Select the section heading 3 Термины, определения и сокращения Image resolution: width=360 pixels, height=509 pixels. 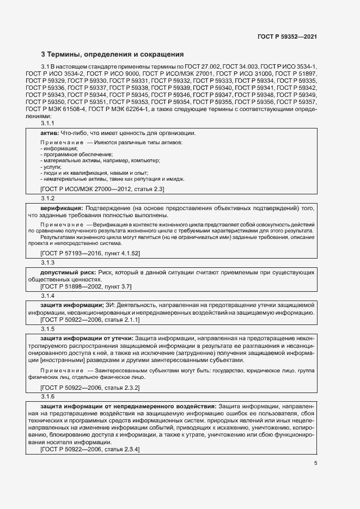tap(113, 54)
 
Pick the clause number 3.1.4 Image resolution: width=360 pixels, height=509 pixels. tap(48, 296)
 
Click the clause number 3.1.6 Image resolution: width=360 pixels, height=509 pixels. tap(48, 396)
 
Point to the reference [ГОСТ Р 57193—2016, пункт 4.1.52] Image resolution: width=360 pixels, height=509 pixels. tap(90, 253)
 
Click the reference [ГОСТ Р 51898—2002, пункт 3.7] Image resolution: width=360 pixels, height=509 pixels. tap(86, 286)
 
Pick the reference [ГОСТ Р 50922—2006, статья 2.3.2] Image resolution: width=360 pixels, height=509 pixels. tap(90, 387)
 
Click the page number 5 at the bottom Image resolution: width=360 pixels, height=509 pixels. tap(315, 463)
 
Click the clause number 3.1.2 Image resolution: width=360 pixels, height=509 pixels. tap(48, 198)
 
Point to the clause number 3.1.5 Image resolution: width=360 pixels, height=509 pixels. tap(48, 329)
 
